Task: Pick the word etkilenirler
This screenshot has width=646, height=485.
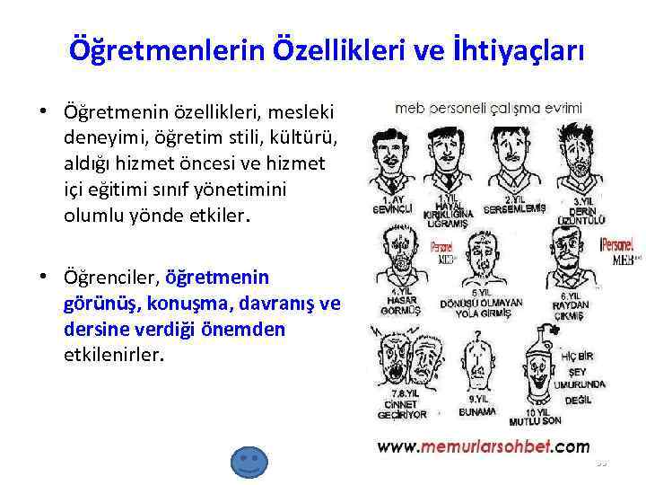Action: tap(114, 355)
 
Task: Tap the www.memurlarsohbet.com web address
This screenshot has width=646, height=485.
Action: tap(482, 446)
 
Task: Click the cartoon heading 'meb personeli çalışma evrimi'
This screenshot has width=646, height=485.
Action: tap(489, 108)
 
